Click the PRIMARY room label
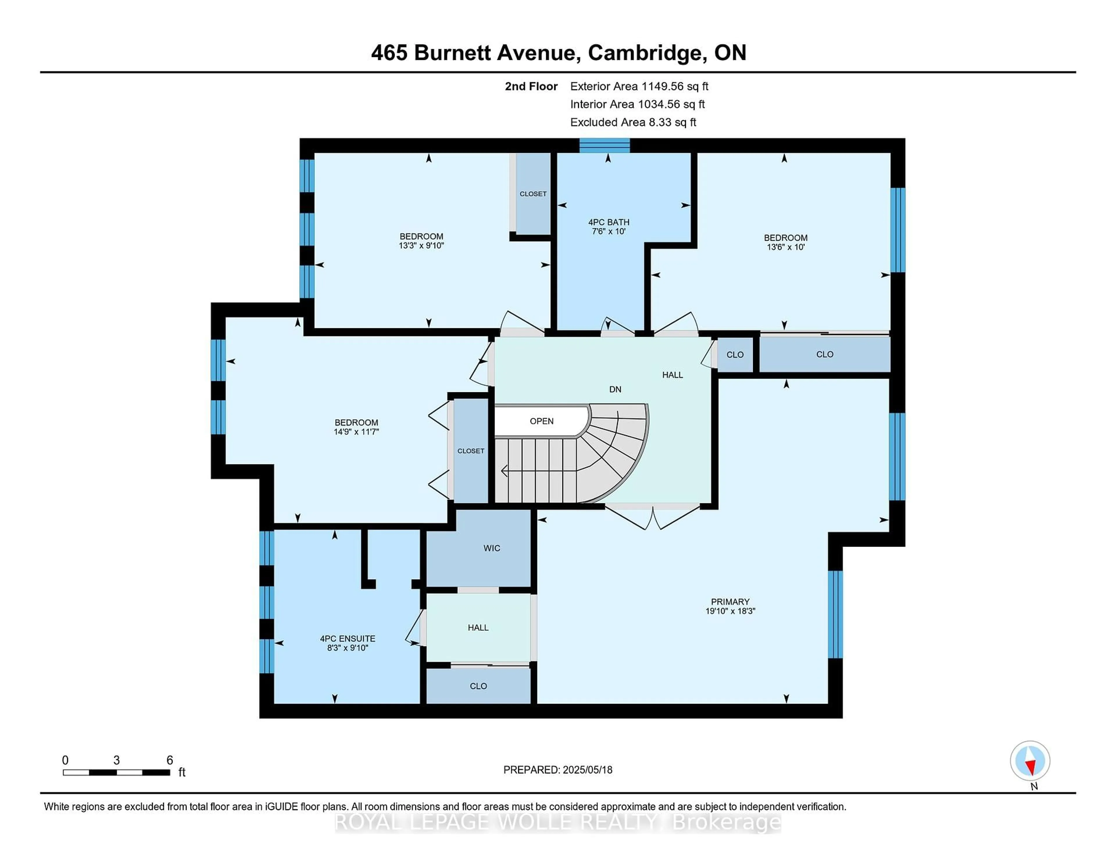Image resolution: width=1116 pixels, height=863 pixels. pos(730,602)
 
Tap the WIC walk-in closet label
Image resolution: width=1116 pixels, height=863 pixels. pos(491,548)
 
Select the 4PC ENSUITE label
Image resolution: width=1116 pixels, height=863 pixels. pos(348,639)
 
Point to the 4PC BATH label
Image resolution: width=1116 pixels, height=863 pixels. pos(609,222)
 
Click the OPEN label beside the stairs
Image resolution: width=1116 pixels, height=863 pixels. pos(542,421)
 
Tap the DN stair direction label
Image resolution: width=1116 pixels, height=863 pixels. pos(615,390)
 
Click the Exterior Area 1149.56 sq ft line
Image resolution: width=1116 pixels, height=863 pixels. pos(639,86)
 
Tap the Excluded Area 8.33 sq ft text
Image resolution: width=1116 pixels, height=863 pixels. pos(633,122)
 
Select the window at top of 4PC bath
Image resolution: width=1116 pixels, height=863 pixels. pos(604,146)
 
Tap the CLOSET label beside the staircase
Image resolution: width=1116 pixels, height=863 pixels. pos(471,451)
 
